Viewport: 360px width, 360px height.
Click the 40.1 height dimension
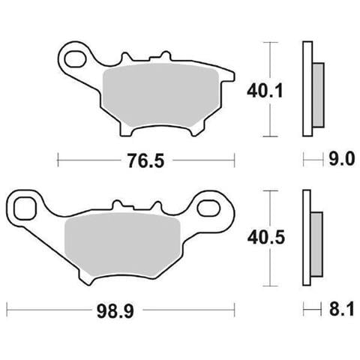click(x=265, y=91)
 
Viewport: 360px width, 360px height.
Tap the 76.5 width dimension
click(x=146, y=160)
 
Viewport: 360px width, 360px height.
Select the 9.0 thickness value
click(x=341, y=159)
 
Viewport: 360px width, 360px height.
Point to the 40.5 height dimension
click(x=266, y=237)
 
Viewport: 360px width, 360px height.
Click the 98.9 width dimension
click(x=115, y=311)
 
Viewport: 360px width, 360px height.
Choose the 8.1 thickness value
click(x=341, y=309)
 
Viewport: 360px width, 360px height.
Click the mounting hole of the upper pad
click(x=74, y=59)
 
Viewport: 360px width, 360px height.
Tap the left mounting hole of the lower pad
click(x=24, y=208)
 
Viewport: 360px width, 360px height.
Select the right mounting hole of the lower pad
click(x=209, y=208)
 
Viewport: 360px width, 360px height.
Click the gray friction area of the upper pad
click(x=161, y=94)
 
